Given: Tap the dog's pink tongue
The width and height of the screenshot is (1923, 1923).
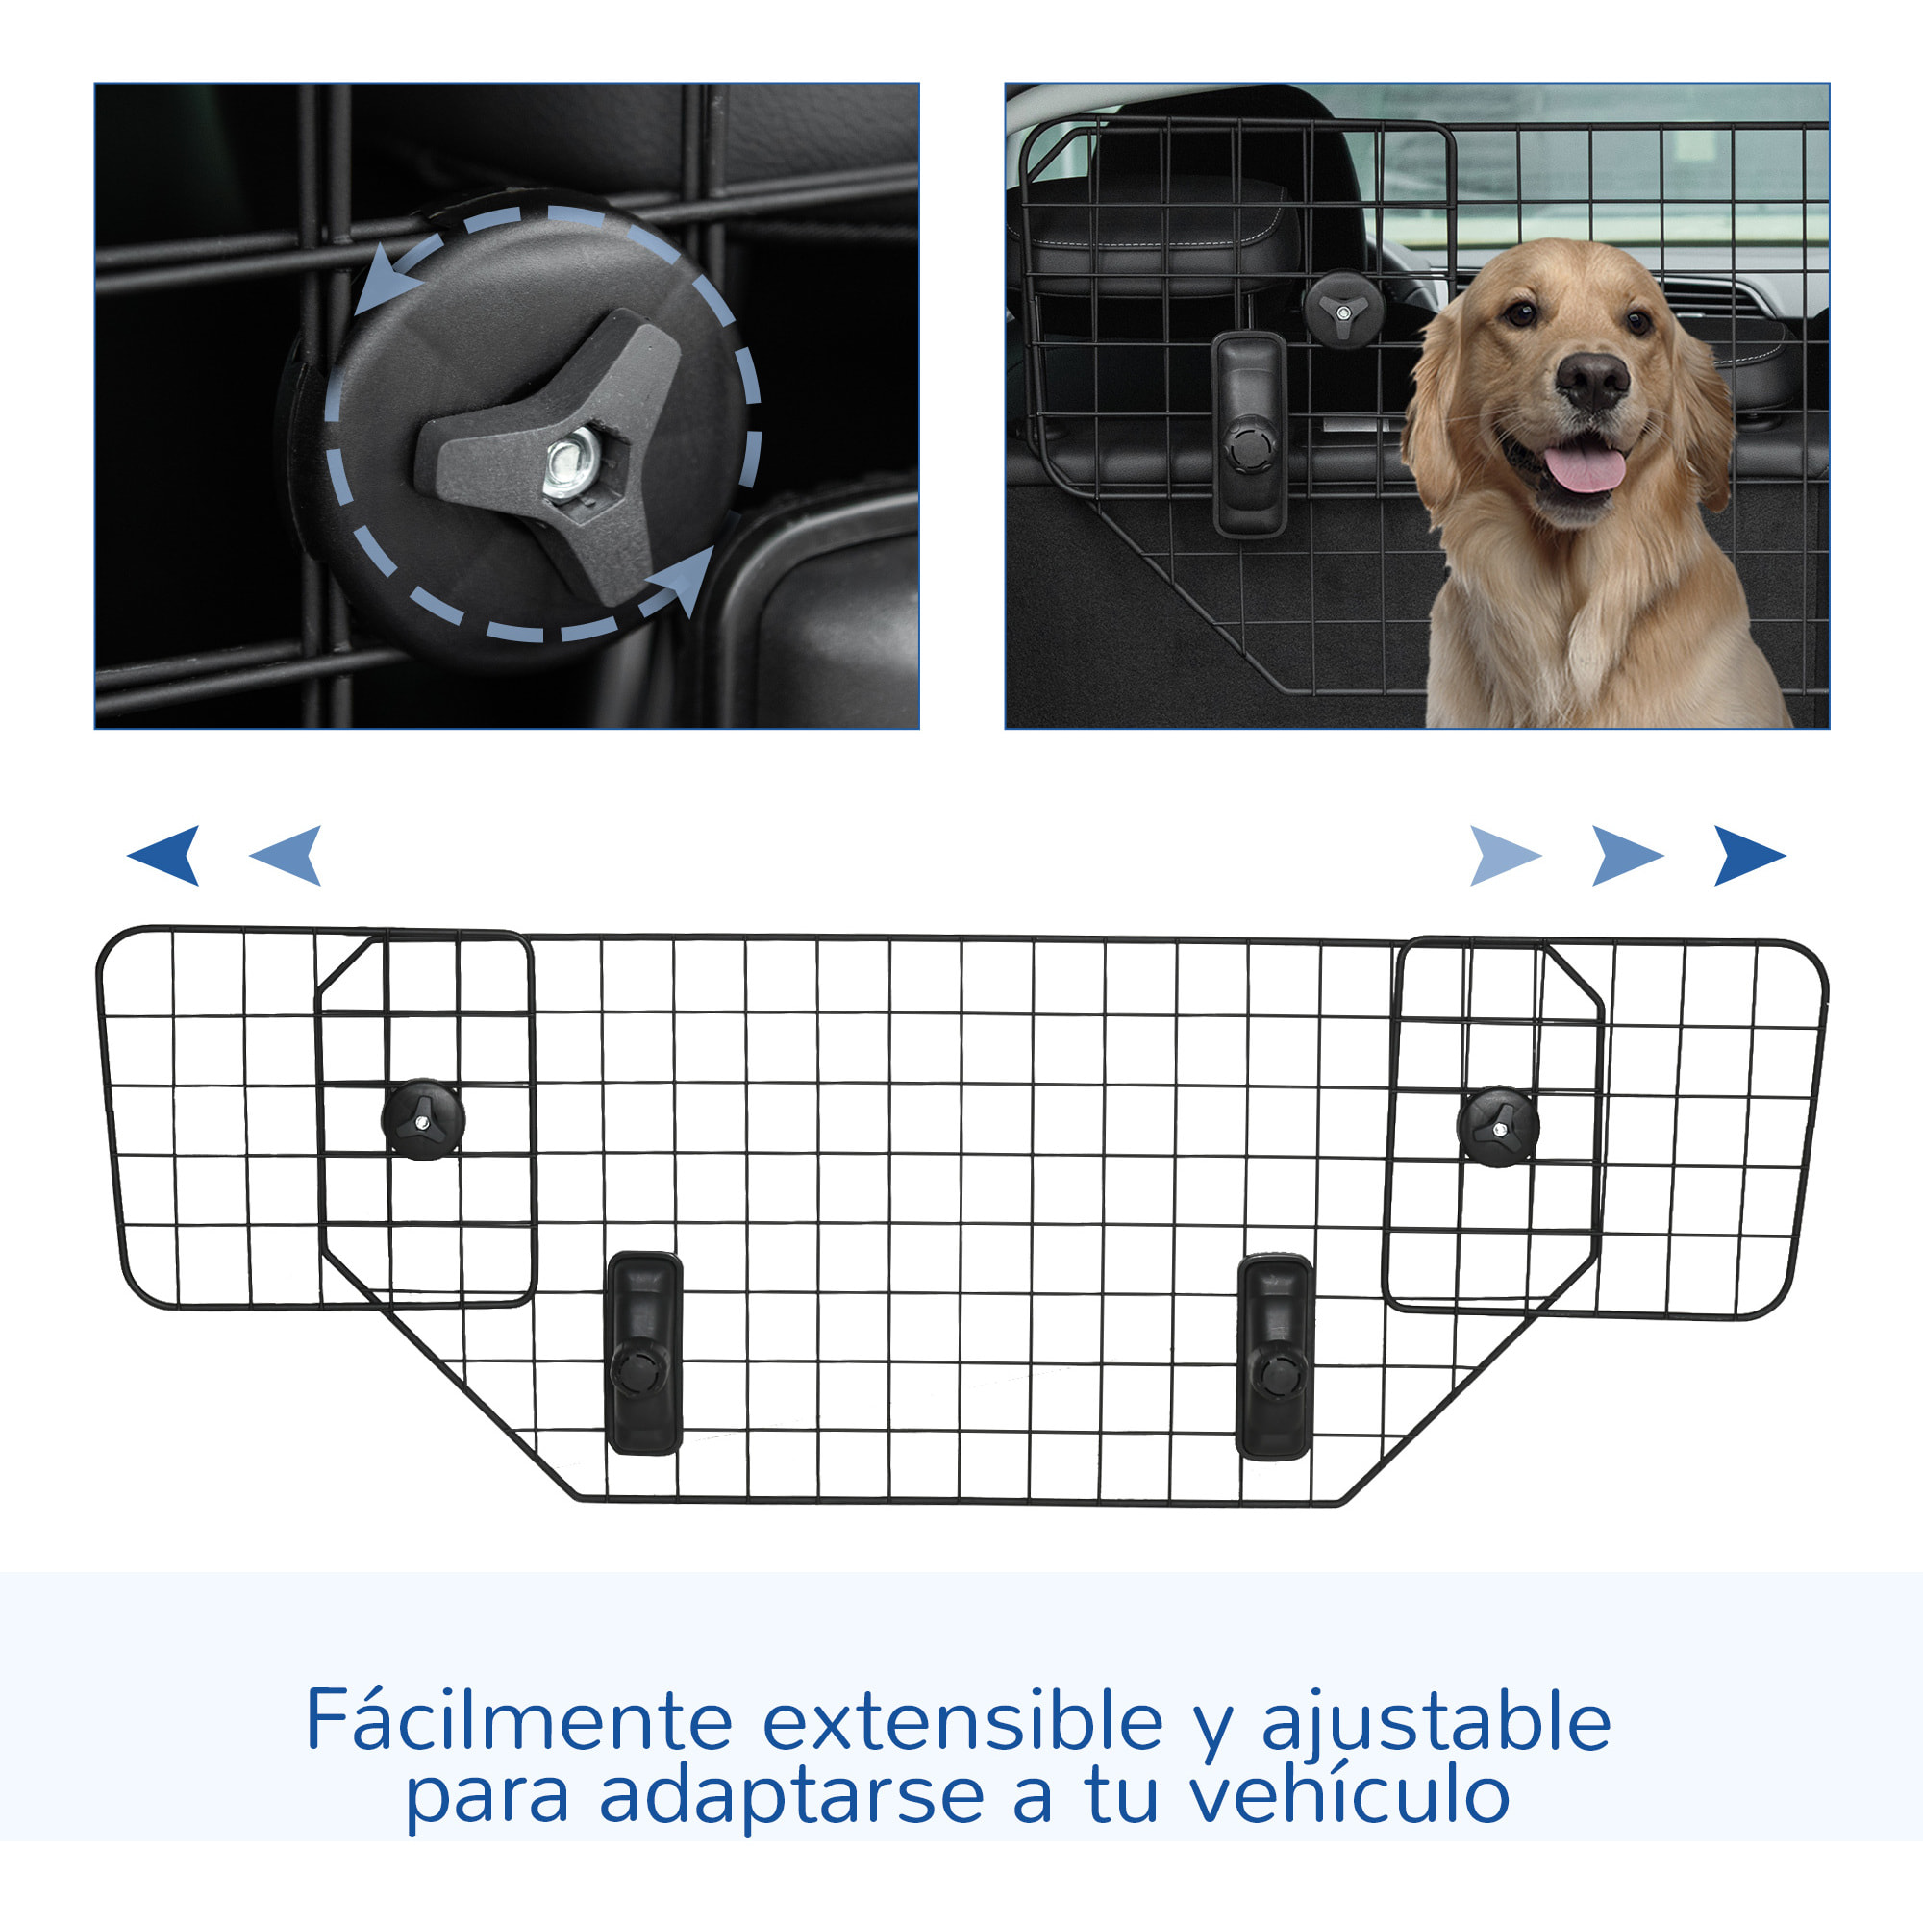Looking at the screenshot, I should pyautogui.click(x=1586, y=468).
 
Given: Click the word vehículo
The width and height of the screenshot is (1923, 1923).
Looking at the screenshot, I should pyautogui.click(x=1350, y=1795).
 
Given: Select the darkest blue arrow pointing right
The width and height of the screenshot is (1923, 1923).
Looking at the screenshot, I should pyautogui.click(x=1748, y=855).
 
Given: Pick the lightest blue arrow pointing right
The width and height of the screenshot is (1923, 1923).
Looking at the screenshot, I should pyautogui.click(x=1503, y=855).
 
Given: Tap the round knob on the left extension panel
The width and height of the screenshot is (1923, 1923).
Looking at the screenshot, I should pyautogui.click(x=423, y=1119).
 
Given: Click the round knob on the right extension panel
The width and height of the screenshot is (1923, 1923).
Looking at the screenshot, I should pyautogui.click(x=1497, y=1127).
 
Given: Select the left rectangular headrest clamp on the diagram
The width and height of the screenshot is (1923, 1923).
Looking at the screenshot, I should pyautogui.click(x=645, y=1352).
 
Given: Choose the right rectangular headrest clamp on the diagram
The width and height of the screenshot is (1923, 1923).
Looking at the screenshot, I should pyautogui.click(x=1274, y=1356).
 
